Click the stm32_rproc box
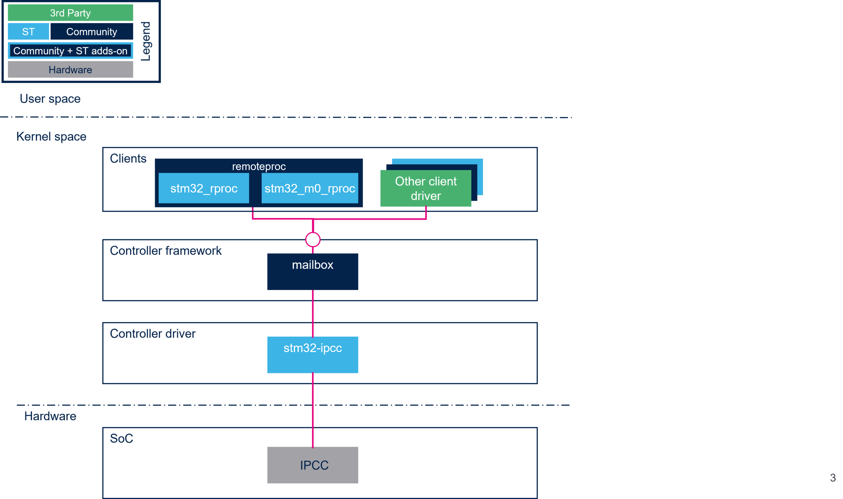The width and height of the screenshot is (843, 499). click(x=204, y=188)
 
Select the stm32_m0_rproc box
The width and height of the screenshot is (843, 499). click(x=310, y=188)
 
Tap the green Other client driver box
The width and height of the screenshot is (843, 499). click(x=425, y=188)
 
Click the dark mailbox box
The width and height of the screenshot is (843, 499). click(x=313, y=272)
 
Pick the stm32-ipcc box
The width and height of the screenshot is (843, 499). click(x=313, y=355)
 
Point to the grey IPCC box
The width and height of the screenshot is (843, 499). click(x=313, y=465)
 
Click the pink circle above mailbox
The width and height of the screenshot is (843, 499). click(x=313, y=240)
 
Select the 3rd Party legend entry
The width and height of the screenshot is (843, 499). click(x=70, y=13)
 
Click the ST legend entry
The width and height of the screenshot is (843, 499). click(x=28, y=32)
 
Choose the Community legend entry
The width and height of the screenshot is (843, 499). click(x=92, y=32)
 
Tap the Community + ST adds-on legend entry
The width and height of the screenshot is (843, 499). click(x=70, y=51)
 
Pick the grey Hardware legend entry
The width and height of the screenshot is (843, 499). click(x=70, y=69)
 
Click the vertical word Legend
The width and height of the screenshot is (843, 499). click(x=146, y=41)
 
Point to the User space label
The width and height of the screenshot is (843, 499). click(x=50, y=99)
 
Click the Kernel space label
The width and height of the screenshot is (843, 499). click(x=51, y=137)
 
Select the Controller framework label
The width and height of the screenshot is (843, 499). click(x=166, y=251)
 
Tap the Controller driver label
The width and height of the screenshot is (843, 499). click(x=152, y=333)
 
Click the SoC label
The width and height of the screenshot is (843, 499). click(x=122, y=438)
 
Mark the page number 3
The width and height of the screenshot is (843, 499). click(x=832, y=478)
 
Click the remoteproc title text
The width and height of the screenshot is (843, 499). click(x=259, y=167)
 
